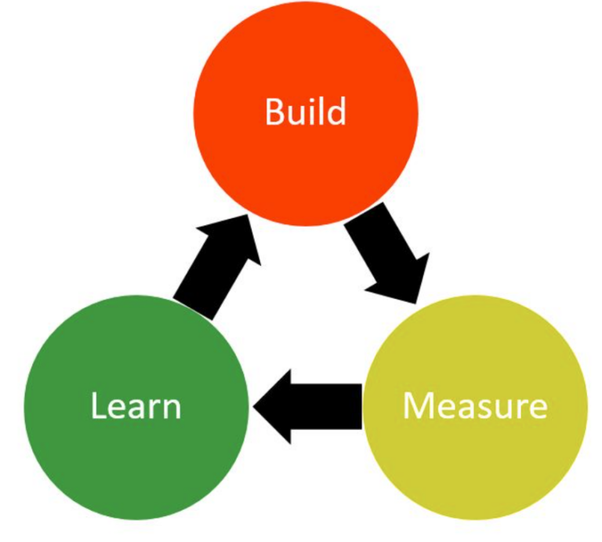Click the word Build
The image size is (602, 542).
(306, 111)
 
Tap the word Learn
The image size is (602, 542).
(136, 406)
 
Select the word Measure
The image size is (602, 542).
(475, 406)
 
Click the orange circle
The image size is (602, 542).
(306, 114)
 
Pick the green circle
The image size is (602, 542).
(136, 407)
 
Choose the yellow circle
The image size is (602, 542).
(475, 407)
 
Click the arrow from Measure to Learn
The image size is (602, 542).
(307, 406)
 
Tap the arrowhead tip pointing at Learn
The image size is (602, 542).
(253, 407)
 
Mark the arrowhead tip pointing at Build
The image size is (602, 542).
(248, 215)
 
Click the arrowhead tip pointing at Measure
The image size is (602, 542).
(415, 304)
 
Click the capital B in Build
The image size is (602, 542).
(274, 112)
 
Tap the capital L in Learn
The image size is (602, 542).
(98, 406)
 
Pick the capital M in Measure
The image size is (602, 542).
(416, 406)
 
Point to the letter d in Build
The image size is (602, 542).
(337, 111)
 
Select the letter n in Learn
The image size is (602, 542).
(172, 409)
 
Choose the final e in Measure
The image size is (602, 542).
(539, 409)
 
